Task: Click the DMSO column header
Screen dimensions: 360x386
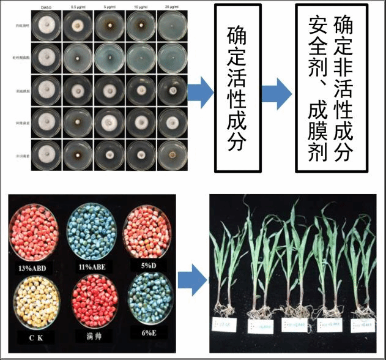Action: click(44, 7)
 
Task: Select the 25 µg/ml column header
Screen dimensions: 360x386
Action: click(173, 7)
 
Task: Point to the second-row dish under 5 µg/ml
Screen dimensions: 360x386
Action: click(108, 58)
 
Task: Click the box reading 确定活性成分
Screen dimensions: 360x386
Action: click(235, 88)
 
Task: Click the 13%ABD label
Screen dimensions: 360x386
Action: click(34, 267)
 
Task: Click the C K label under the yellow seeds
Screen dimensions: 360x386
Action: click(34, 336)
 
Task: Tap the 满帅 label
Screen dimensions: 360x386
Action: click(93, 336)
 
